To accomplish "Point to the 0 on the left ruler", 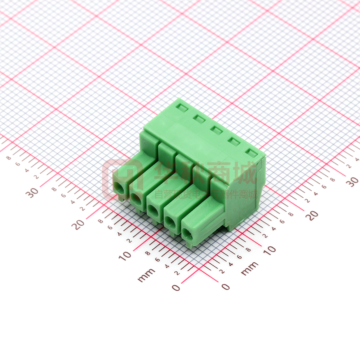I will click(176, 288).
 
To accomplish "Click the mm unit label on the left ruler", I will click(146, 275).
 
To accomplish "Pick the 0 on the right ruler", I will click(225, 287).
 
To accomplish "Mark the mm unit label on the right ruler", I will click(249, 269).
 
